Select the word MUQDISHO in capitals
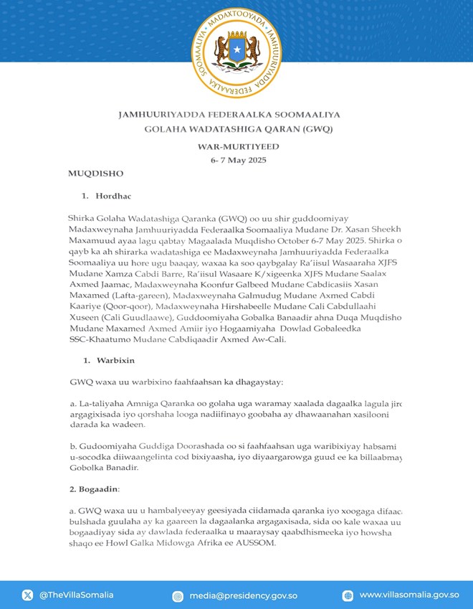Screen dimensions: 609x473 [96, 174]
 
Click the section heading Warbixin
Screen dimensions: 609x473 [115, 359]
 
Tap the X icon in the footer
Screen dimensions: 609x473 [28, 595]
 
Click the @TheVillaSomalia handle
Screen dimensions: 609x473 [77, 595]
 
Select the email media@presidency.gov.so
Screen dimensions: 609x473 [244, 595]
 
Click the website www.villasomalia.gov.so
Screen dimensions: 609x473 [409, 595]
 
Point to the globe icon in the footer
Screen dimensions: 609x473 [348, 595]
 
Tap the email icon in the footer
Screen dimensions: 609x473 [178, 595]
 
